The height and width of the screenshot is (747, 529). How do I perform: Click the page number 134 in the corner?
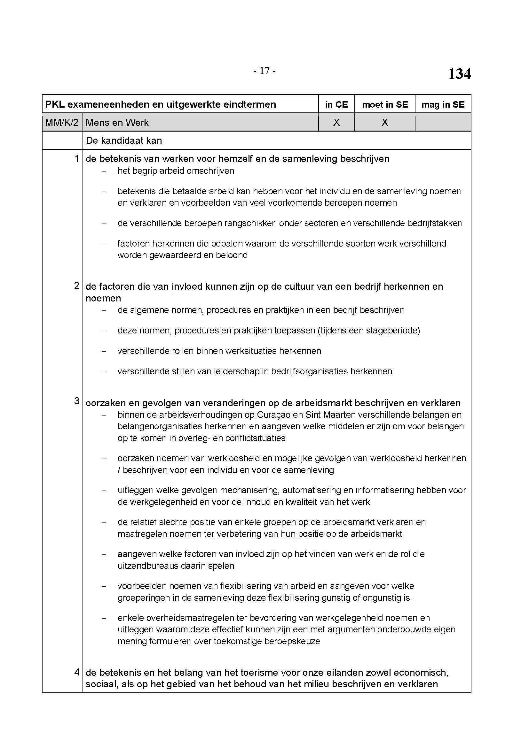459,74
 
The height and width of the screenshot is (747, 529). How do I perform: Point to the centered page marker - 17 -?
264,71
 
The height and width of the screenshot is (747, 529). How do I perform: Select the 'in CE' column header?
336,104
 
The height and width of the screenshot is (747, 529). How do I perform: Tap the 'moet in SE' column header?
385,104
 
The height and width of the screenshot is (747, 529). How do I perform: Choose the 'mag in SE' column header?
443,104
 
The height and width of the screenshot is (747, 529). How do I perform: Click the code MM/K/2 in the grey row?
62,123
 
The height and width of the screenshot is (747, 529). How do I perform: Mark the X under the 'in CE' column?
336,122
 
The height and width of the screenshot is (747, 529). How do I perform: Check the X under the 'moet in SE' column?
385,122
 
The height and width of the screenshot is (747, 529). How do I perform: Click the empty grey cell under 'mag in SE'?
443,122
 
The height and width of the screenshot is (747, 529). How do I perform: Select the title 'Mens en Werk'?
117,123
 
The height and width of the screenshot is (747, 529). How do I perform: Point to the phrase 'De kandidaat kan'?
124,141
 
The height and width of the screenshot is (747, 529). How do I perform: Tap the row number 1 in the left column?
76,159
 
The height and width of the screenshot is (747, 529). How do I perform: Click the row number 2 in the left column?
76,286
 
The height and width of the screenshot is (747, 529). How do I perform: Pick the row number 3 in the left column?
76,401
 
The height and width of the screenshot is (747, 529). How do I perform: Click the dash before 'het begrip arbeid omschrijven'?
104,171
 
